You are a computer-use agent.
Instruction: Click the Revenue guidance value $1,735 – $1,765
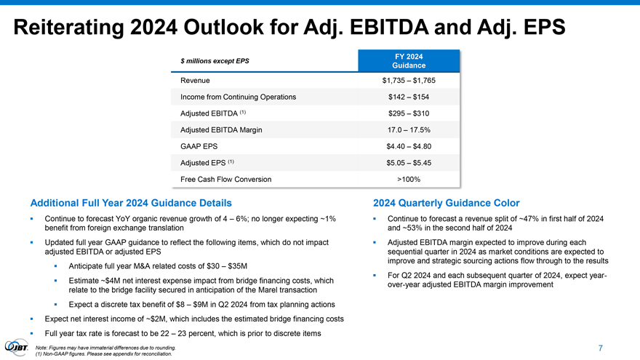(x=403, y=80)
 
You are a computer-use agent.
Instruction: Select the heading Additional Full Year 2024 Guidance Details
(x=131, y=203)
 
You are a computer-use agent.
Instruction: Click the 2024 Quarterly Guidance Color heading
(x=446, y=203)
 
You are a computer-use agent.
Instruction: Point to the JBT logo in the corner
(x=17, y=347)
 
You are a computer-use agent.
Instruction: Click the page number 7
(x=600, y=348)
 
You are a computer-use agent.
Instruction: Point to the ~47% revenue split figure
(x=529, y=220)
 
